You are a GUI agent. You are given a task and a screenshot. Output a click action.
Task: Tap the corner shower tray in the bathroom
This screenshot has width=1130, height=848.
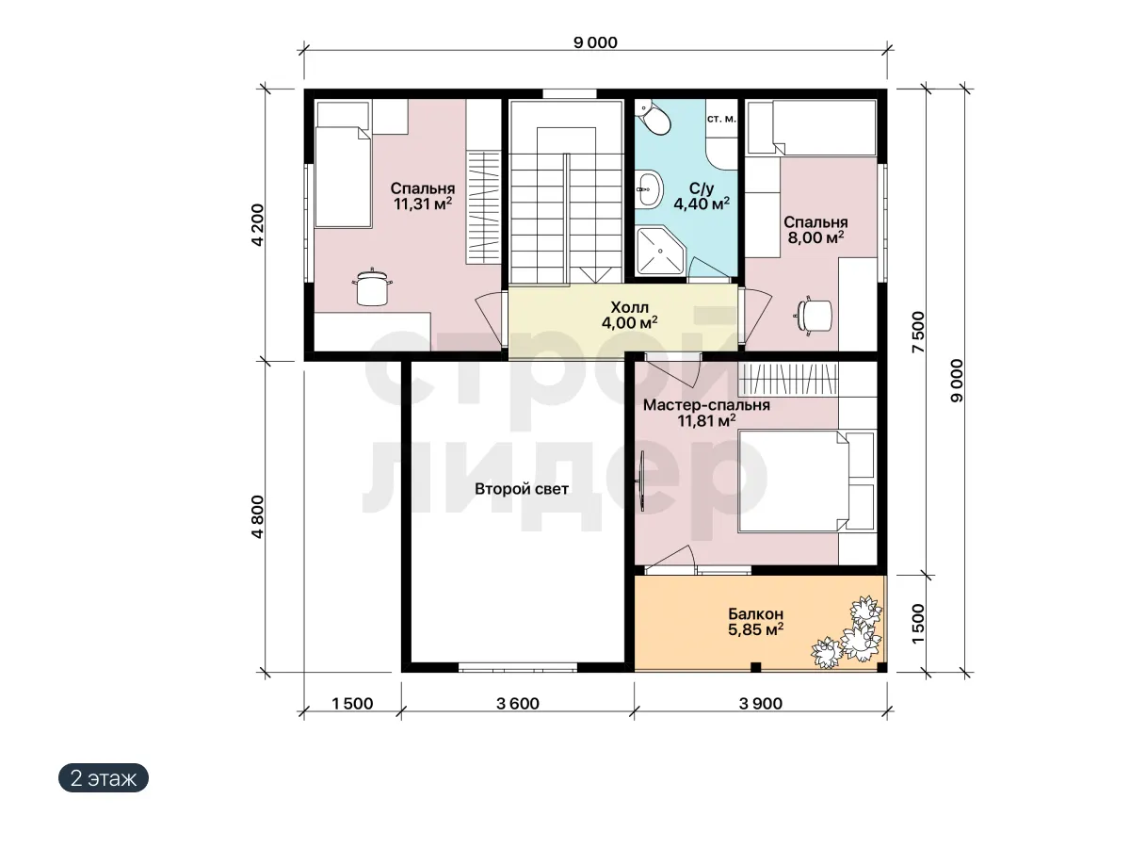(x=661, y=251)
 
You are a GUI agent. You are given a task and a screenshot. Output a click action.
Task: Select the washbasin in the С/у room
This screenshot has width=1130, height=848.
(x=648, y=189)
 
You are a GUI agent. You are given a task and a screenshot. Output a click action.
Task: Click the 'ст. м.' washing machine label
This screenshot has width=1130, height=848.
(x=721, y=119)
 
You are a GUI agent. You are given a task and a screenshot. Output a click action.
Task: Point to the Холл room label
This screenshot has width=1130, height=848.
(x=629, y=307)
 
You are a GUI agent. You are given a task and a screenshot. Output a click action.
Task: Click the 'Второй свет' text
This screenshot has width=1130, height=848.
(x=522, y=489)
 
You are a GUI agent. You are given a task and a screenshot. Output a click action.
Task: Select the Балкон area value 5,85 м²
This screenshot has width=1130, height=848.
(x=755, y=628)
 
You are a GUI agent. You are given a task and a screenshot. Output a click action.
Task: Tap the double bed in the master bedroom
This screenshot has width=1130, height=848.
(x=806, y=481)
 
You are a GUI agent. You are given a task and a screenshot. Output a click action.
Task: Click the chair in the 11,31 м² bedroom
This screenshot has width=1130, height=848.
(x=372, y=287)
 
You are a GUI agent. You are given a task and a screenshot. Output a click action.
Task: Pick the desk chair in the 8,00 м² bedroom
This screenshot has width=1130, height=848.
(x=814, y=315)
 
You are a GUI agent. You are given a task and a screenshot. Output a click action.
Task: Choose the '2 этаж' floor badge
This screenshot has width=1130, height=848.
(x=104, y=778)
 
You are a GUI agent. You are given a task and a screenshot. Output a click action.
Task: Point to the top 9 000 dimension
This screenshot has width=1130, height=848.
(x=596, y=42)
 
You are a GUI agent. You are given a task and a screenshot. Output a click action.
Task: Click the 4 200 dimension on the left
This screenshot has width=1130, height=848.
(x=257, y=225)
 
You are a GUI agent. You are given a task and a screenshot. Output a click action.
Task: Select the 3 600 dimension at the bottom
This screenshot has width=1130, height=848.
(x=517, y=703)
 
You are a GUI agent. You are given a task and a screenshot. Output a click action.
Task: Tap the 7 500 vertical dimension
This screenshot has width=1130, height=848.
(x=918, y=332)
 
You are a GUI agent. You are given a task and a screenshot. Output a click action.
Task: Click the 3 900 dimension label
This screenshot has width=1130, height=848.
(x=760, y=703)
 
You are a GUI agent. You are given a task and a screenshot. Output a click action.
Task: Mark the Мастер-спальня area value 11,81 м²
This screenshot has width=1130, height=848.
(x=706, y=420)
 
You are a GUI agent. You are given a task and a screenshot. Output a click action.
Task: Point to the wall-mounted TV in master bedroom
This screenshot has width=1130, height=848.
(x=642, y=481)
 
